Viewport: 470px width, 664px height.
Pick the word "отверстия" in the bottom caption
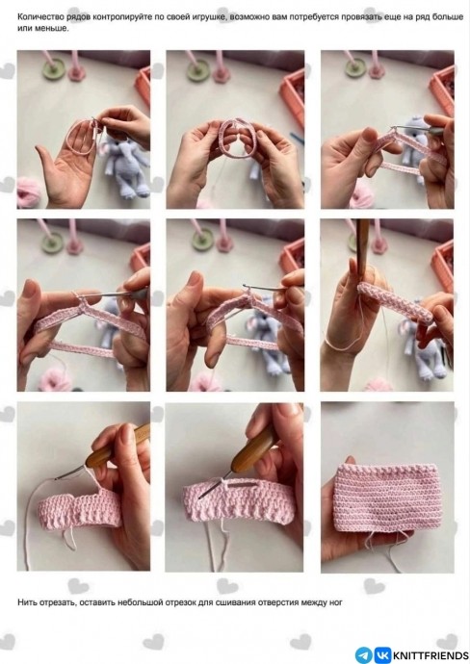[x=276, y=602]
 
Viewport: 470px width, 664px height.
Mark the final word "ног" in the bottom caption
[x=335, y=602]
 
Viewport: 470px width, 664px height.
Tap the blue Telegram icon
[x=364, y=655]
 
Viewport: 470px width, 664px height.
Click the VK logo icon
[x=383, y=655]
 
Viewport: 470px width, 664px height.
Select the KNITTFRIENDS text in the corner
[x=431, y=655]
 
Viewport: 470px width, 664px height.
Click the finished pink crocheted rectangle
[x=385, y=498]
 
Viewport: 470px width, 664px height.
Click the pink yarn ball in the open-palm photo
[x=29, y=192]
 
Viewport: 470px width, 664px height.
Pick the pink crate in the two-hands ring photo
[x=294, y=96]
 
